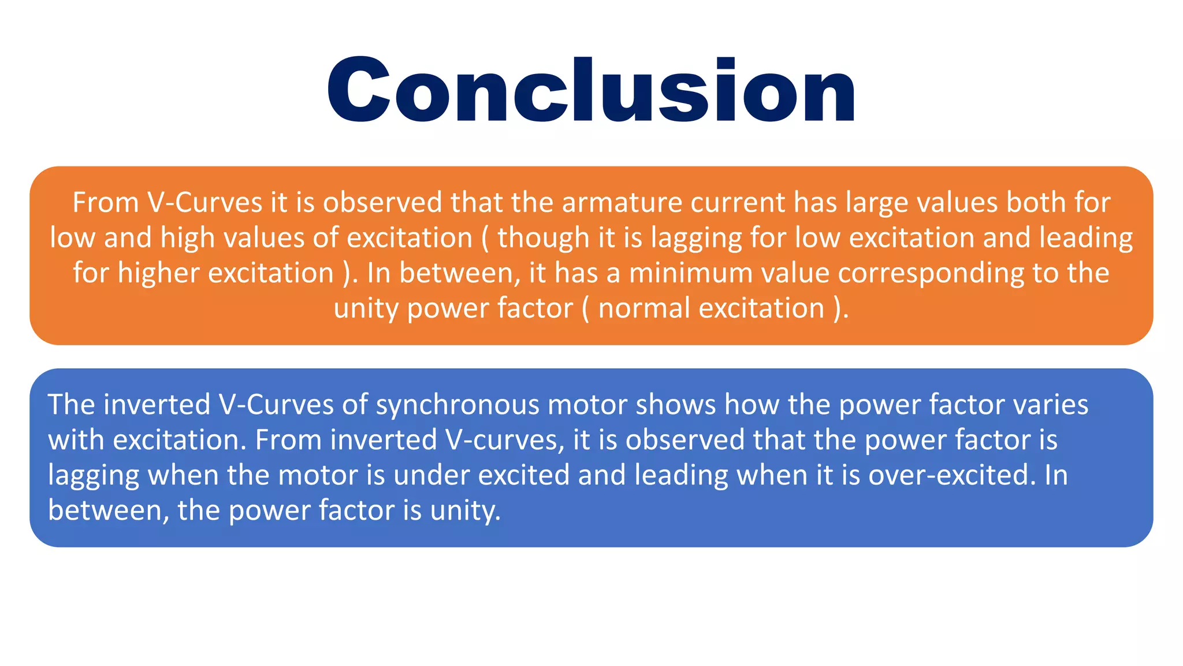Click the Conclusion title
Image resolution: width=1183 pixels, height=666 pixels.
591,90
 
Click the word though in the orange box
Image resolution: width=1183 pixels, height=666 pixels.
538,238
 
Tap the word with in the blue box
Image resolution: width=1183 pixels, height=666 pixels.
76,440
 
